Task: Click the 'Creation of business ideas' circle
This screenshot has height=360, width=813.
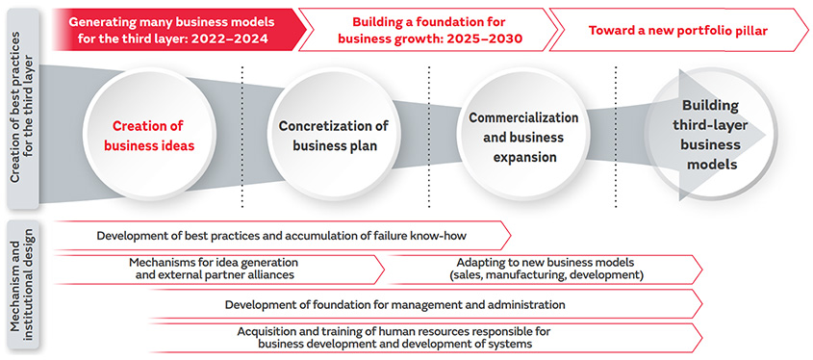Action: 149,135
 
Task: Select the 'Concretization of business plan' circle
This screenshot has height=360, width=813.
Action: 335,135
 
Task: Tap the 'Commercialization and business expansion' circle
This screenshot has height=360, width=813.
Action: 523,135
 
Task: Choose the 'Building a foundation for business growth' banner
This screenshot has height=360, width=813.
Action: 425,30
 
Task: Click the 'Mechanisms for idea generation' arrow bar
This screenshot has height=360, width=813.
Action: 218,270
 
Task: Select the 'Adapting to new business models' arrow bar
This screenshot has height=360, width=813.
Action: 545,270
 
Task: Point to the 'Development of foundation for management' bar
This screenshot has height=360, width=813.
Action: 425,304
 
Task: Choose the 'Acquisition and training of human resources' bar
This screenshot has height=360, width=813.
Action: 425,338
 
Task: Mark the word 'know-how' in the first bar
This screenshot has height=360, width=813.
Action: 446,236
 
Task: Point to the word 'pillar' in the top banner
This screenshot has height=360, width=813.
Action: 750,30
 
